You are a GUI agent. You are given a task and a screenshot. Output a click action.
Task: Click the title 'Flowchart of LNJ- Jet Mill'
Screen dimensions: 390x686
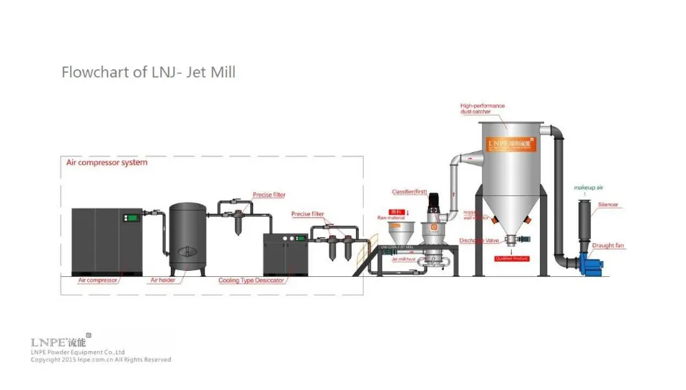[148, 72]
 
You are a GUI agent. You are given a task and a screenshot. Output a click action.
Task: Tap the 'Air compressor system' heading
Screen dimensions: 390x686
[106, 162]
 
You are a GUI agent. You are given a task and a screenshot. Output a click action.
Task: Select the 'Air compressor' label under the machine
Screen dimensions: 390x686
[98, 280]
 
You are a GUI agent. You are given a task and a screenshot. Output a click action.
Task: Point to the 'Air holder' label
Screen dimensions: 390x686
[164, 280]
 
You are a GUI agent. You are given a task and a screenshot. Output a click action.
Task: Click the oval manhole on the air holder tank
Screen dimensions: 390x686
[185, 252]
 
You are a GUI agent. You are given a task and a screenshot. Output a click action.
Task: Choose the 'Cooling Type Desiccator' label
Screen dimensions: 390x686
[251, 280]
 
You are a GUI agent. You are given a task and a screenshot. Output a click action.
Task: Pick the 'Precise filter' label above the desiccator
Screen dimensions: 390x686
[307, 214]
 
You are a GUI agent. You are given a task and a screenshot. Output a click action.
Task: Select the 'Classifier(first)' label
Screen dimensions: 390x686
[410, 192]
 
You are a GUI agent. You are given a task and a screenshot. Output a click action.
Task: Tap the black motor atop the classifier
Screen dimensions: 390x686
[434, 203]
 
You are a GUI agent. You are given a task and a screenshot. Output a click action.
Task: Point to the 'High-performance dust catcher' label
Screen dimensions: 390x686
[482, 108]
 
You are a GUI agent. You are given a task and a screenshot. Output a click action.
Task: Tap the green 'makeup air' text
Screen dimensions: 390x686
[588, 186]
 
